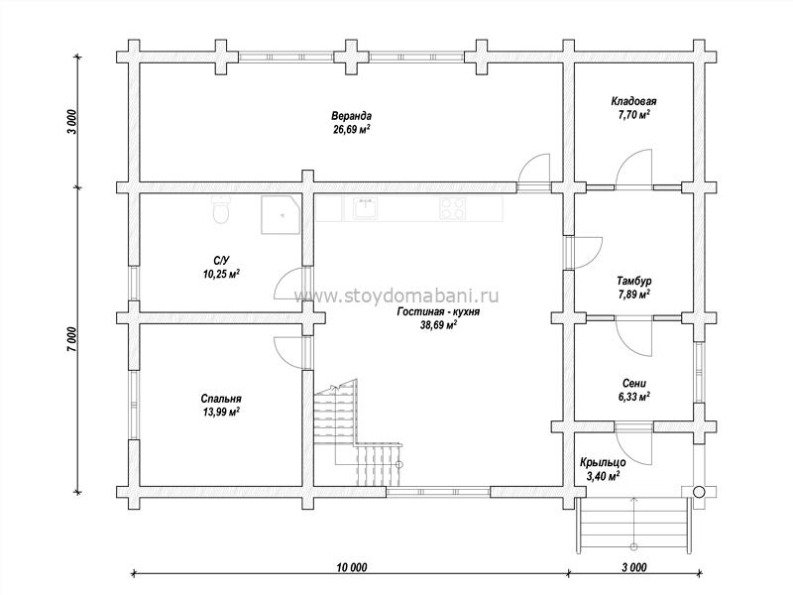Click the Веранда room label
[352, 116]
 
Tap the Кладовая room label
[633, 101]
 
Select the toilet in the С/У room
[221, 209]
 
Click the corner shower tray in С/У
[281, 215]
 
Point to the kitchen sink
[365, 207]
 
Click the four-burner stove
[452, 208]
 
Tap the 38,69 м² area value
[438, 325]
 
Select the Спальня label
[221, 399]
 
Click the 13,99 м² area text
[221, 412]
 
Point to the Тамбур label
[633, 281]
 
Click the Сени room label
[633, 384]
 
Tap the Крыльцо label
[603, 462]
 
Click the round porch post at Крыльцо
[699, 491]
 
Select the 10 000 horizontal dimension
[352, 567]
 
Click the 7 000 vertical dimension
[71, 339]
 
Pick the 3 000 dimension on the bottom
[634, 567]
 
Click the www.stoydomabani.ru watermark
[396, 295]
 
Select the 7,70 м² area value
[633, 114]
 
